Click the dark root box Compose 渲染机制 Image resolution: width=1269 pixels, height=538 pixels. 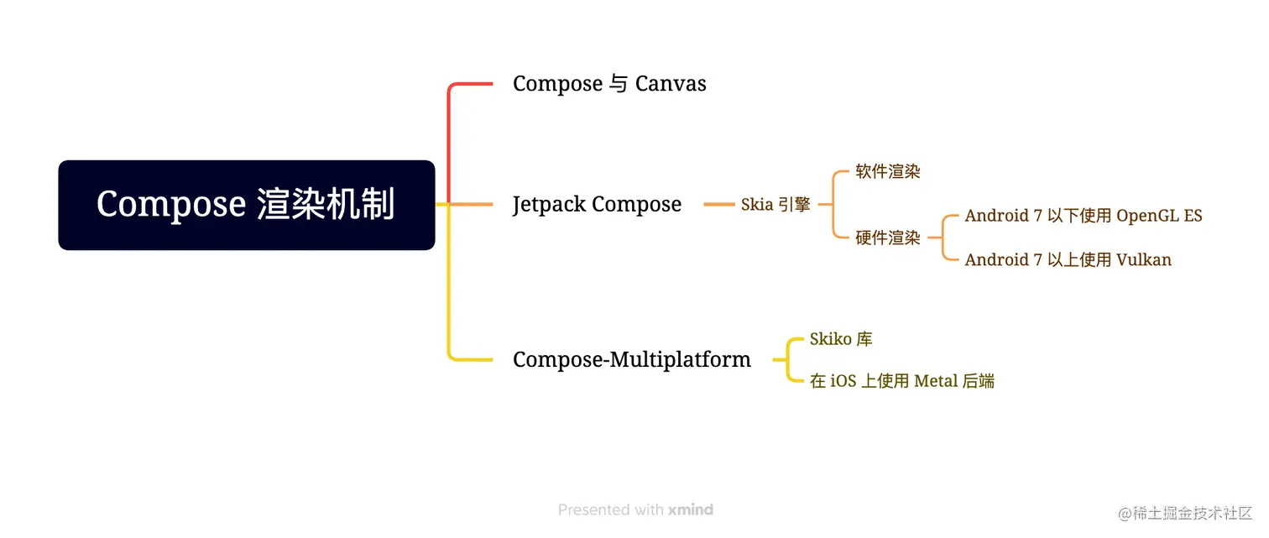[x=246, y=205]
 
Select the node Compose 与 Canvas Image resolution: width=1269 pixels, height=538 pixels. [x=609, y=84]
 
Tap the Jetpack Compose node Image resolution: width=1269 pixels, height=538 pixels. [x=597, y=204]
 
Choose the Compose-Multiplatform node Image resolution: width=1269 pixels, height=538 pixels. [x=631, y=360]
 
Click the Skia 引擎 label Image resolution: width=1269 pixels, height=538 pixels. [x=775, y=204]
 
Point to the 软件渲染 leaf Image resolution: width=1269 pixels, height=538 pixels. [x=888, y=171]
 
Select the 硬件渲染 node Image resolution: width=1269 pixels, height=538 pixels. [x=888, y=238]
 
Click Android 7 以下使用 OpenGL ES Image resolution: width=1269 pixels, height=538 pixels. [x=1084, y=216]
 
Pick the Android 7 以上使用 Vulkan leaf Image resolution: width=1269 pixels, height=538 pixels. [x=1068, y=259]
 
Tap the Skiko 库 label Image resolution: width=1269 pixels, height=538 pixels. [x=841, y=339]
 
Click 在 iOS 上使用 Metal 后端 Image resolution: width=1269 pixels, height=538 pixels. [x=902, y=381]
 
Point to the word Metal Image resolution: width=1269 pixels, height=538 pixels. [x=936, y=381]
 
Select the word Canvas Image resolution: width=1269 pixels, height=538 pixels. [x=671, y=84]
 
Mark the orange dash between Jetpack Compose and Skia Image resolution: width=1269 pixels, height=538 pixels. [x=718, y=204]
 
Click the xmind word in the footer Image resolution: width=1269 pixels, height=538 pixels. [x=691, y=509]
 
